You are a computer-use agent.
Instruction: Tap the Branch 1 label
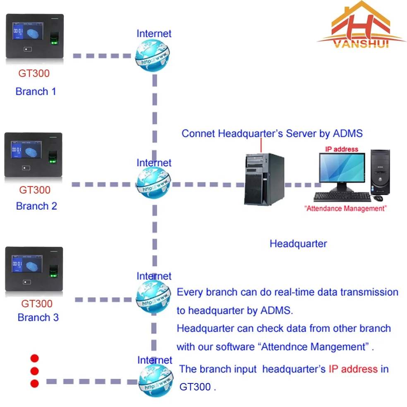coord(36,91)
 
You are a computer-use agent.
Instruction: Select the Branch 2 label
coord(36,206)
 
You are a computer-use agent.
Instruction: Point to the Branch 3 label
coord(38,317)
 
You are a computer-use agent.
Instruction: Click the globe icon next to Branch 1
coord(153,56)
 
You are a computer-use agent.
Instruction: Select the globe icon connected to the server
coord(153,184)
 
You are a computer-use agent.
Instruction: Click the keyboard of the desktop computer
coord(341,197)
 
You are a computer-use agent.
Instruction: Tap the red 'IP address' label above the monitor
coord(342,149)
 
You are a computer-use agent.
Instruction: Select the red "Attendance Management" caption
coord(345,208)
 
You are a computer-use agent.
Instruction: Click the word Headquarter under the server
coord(298,244)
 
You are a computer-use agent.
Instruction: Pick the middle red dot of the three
coord(35,371)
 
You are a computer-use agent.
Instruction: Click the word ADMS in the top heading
coord(346,133)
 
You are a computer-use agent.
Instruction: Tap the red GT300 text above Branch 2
coord(35,190)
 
